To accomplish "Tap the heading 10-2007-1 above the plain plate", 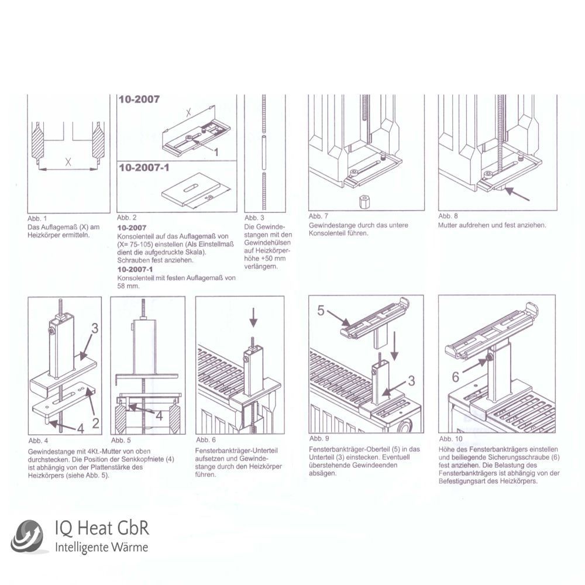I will (144, 168).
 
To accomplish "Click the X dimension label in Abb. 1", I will (68, 162).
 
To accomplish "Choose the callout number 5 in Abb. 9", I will (321, 310).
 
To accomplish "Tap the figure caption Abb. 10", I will (450, 438).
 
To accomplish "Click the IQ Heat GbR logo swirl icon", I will (27, 536).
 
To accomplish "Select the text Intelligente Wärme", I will (101, 548).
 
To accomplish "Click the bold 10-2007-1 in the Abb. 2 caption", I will (135, 270).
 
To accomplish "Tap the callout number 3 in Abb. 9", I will (411, 381).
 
